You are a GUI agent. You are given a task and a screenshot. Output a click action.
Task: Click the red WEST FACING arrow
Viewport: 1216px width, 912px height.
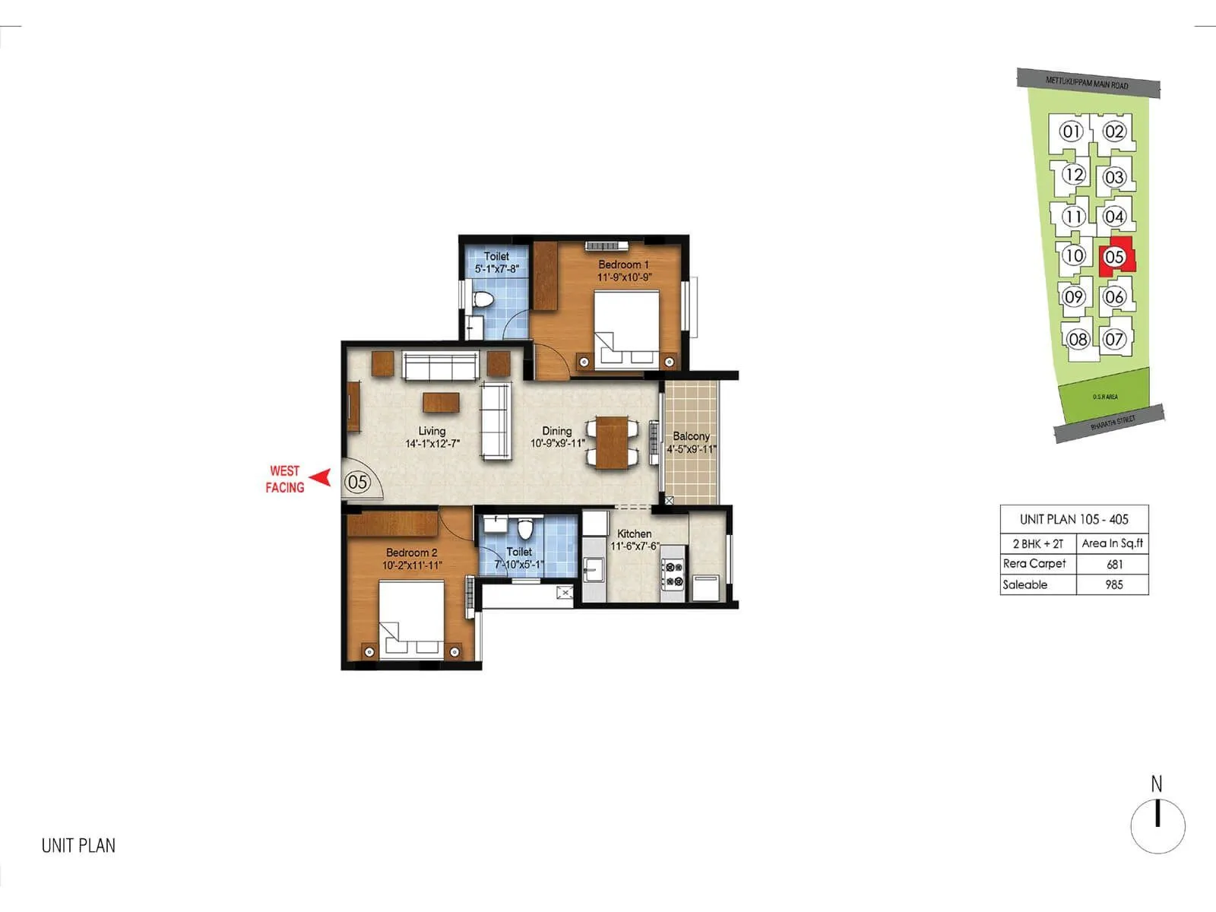tap(322, 478)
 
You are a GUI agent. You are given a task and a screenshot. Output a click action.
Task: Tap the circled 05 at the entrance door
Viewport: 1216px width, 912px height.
tap(357, 482)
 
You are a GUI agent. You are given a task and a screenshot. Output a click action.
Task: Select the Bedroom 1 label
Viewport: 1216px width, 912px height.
tap(623, 264)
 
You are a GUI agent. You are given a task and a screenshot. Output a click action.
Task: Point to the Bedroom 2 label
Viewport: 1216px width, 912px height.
tap(411, 553)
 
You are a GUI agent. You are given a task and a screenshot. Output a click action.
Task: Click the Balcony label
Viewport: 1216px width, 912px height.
tap(691, 436)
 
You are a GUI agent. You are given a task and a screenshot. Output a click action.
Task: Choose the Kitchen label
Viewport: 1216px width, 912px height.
tap(634, 534)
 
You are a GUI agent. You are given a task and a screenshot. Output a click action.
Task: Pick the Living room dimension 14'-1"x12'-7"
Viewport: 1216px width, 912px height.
tap(432, 444)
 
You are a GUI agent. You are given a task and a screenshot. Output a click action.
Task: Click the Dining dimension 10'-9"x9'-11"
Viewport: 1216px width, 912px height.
tap(557, 443)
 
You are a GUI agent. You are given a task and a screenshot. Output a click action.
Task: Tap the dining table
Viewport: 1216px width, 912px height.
tap(612, 442)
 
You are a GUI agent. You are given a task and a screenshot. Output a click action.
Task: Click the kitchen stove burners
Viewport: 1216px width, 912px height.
tap(673, 574)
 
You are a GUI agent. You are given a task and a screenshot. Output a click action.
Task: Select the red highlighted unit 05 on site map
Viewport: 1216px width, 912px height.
tap(1115, 256)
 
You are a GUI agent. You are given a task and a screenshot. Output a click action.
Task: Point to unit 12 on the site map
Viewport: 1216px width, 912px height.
tap(1073, 175)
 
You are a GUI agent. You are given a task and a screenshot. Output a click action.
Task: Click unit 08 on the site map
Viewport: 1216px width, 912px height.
tap(1078, 339)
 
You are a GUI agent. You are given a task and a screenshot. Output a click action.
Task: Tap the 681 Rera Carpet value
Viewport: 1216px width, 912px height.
tap(1114, 564)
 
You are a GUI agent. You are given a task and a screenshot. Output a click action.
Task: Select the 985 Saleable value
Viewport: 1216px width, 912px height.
tap(1114, 584)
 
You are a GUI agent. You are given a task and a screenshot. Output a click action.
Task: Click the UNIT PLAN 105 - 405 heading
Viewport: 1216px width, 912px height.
tap(1074, 519)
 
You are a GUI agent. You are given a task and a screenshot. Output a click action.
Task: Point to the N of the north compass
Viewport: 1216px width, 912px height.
tap(1157, 784)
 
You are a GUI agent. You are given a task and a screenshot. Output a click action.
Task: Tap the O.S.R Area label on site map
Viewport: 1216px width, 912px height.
tap(1105, 397)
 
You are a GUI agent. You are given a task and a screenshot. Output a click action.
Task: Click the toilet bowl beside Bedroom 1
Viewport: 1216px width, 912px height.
tap(480, 300)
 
